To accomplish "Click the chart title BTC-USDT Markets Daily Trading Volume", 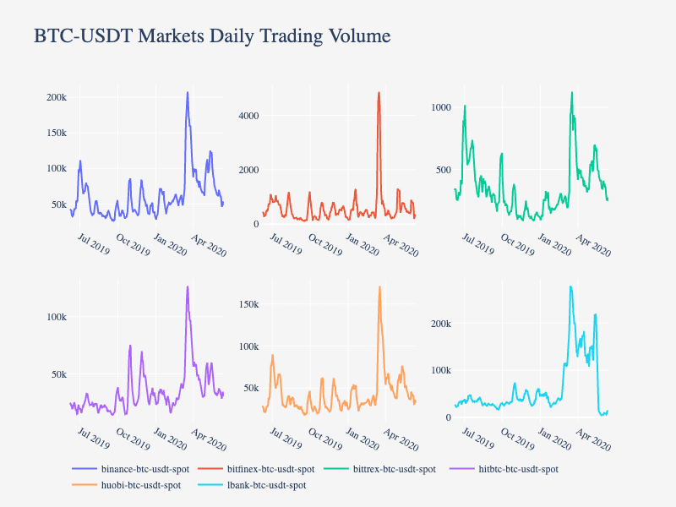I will point(212,35).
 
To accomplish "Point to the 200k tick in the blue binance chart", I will point(56,97).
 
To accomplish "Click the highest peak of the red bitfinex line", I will point(379,92).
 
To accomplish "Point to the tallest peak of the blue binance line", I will point(188,92).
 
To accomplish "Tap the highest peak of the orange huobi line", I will point(379,286).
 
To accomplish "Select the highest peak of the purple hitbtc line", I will point(188,286).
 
